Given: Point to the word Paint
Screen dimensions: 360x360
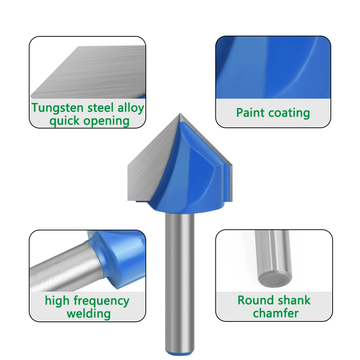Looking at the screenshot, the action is tap(249, 113).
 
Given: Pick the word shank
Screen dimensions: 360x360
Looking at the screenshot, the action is tap(292, 300).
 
